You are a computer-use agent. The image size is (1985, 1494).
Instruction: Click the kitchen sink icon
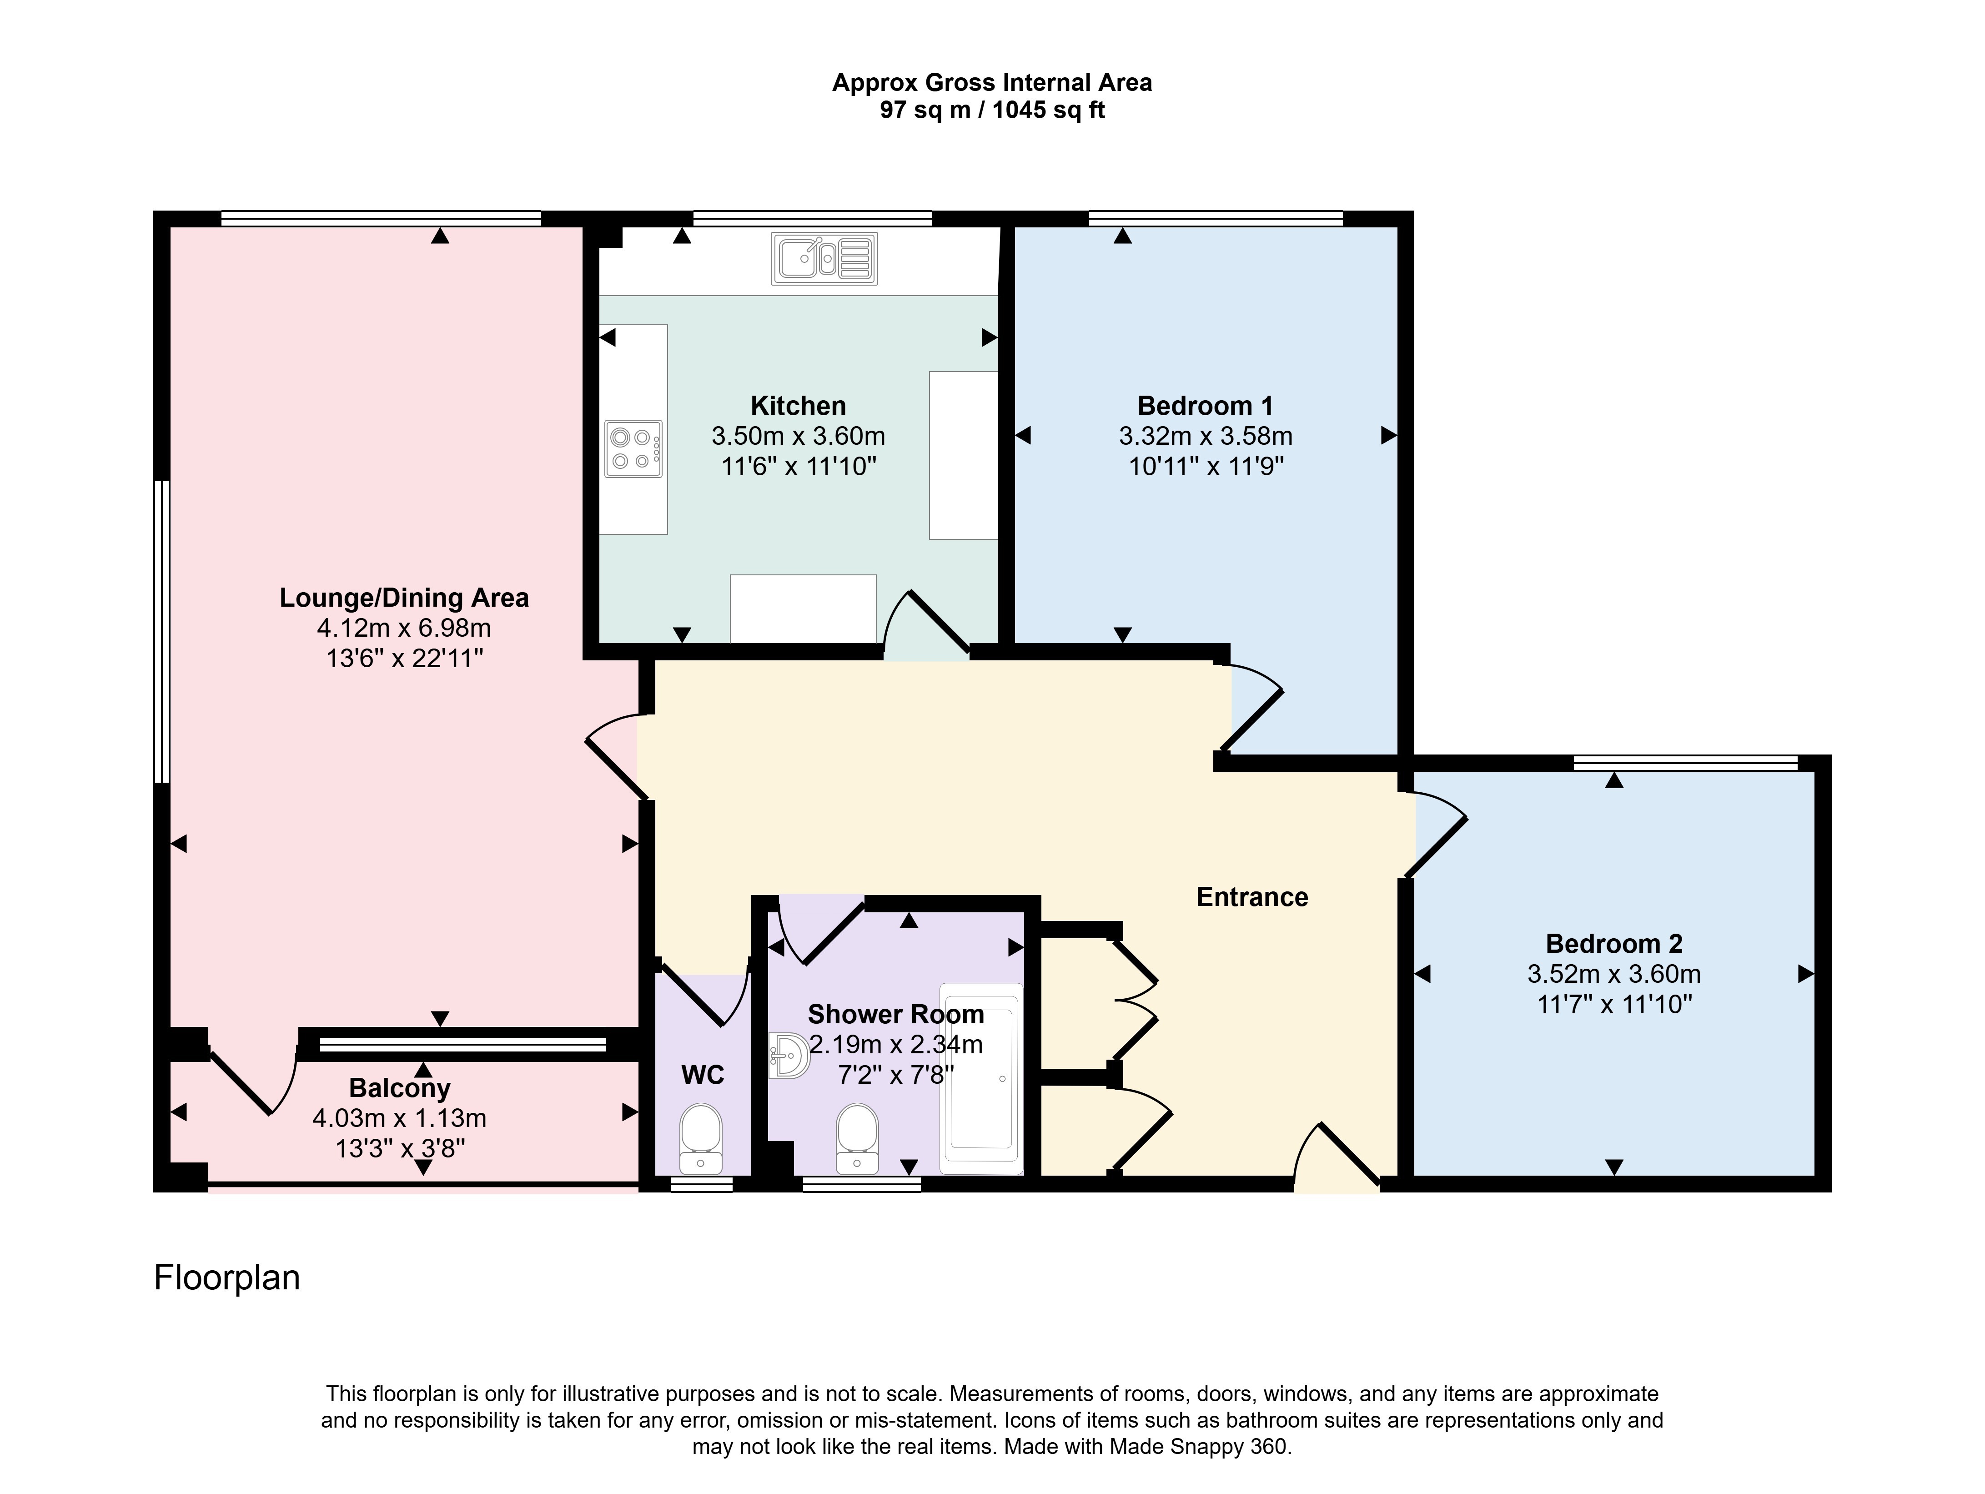pos(824,259)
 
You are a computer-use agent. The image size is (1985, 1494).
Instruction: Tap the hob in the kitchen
pos(633,448)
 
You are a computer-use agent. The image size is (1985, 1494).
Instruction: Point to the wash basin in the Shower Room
pos(789,1055)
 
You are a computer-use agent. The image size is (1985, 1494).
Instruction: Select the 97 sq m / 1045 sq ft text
pos(992,111)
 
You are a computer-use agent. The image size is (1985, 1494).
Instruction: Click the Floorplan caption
pos(227,1278)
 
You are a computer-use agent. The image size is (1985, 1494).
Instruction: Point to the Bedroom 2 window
pos(1685,763)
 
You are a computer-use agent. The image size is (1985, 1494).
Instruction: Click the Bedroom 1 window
pos(1216,218)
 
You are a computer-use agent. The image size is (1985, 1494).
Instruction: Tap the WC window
pos(702,1184)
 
